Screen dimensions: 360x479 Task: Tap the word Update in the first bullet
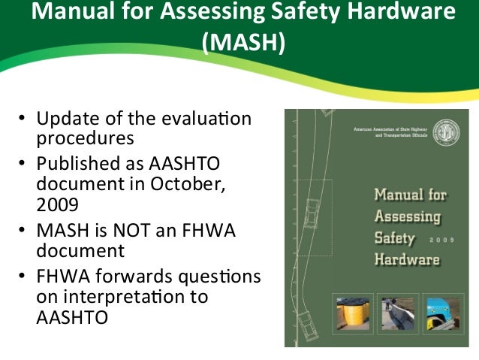(x=68, y=120)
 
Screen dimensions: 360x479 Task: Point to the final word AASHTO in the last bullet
(x=71, y=317)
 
